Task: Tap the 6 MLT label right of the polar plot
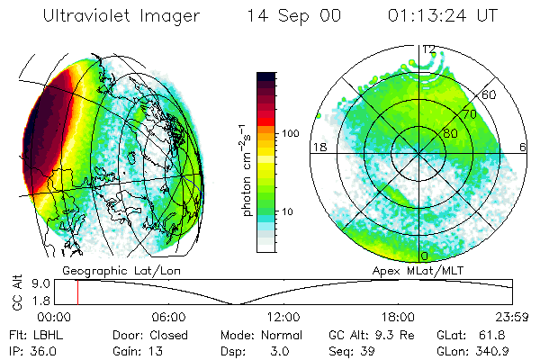click(x=524, y=147)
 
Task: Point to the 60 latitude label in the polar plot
click(x=490, y=94)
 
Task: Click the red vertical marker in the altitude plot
click(x=77, y=292)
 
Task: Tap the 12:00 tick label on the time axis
click(x=283, y=317)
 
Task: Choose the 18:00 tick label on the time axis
click(x=398, y=317)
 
